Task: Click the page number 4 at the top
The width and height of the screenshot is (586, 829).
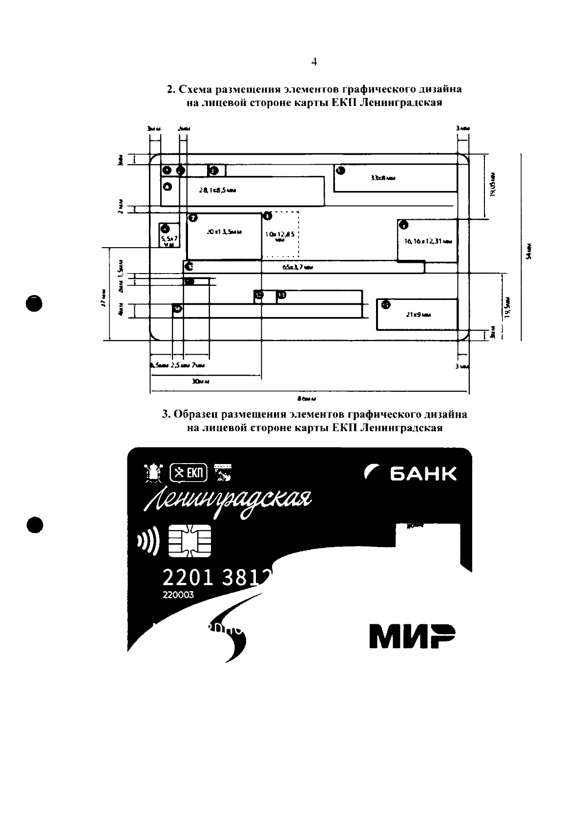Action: (314, 62)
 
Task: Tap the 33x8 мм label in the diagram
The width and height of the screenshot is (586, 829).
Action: (383, 178)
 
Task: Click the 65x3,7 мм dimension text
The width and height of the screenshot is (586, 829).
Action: (297, 267)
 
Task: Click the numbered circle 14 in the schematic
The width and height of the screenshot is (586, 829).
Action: (177, 309)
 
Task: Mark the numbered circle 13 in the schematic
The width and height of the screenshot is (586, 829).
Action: (281, 295)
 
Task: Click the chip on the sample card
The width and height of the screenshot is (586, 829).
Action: (189, 540)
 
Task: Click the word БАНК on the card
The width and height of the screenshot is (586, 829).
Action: (423, 473)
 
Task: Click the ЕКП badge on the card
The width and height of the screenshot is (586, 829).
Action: (188, 472)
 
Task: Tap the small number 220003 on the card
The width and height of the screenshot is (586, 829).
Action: (178, 595)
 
